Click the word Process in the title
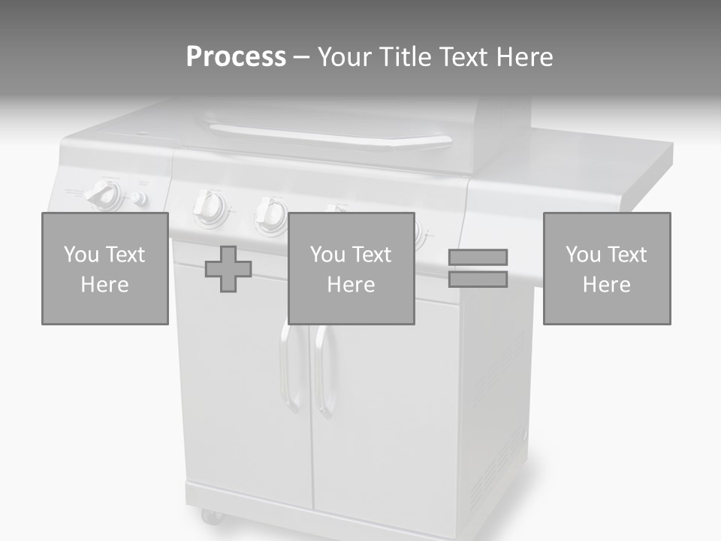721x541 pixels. pyautogui.click(x=236, y=57)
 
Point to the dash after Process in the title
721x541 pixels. pyautogui.click(x=301, y=58)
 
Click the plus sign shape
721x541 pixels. pyautogui.click(x=228, y=269)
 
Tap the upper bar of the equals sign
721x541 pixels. pyautogui.click(x=478, y=257)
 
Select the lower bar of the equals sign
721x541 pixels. pyautogui.click(x=478, y=279)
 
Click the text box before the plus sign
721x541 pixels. pyautogui.click(x=105, y=269)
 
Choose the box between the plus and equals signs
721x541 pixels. pyautogui.click(x=351, y=269)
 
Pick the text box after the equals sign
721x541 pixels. pyautogui.click(x=607, y=269)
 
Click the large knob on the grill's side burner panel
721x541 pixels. pyautogui.click(x=101, y=195)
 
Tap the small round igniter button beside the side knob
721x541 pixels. pyautogui.click(x=137, y=198)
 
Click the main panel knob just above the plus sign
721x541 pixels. pyautogui.click(x=270, y=213)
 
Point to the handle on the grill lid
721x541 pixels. pyautogui.click(x=330, y=137)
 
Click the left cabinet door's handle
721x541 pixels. pyautogui.click(x=286, y=368)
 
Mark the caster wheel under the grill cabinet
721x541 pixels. pyautogui.click(x=211, y=516)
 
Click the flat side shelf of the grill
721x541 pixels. pyautogui.click(x=601, y=162)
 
